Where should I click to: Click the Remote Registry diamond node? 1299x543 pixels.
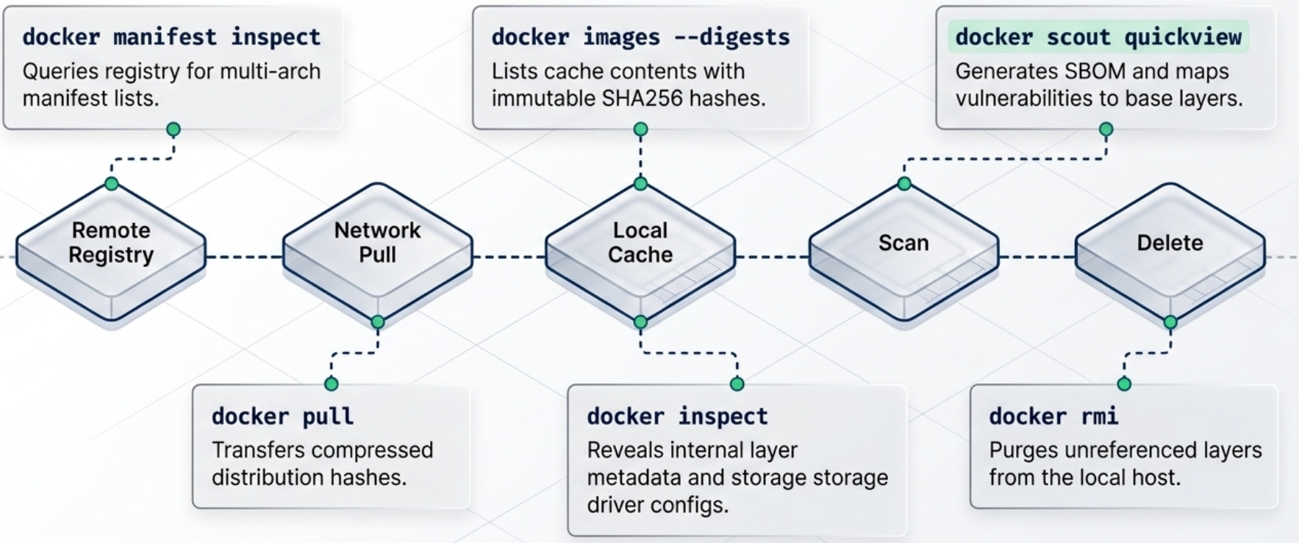(111, 243)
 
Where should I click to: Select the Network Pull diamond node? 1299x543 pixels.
(377, 243)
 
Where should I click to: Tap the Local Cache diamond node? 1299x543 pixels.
(640, 243)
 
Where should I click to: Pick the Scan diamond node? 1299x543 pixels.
(903, 243)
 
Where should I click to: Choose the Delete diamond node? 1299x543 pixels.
(1170, 243)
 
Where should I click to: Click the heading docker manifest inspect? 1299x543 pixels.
(171, 37)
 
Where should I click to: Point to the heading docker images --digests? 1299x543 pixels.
(640, 37)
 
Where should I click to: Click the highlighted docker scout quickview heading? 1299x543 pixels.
(1098, 37)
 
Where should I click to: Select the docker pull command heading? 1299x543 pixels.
(282, 416)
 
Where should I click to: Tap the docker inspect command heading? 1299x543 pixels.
(677, 416)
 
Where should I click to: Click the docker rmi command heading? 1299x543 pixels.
(1053, 416)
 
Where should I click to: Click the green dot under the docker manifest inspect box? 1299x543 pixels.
(173, 129)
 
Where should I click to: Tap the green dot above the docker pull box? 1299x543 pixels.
(332, 383)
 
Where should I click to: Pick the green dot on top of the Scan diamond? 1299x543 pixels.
(904, 183)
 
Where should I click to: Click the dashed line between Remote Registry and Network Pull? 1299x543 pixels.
(244, 257)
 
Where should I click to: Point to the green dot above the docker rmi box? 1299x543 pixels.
(1124, 383)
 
